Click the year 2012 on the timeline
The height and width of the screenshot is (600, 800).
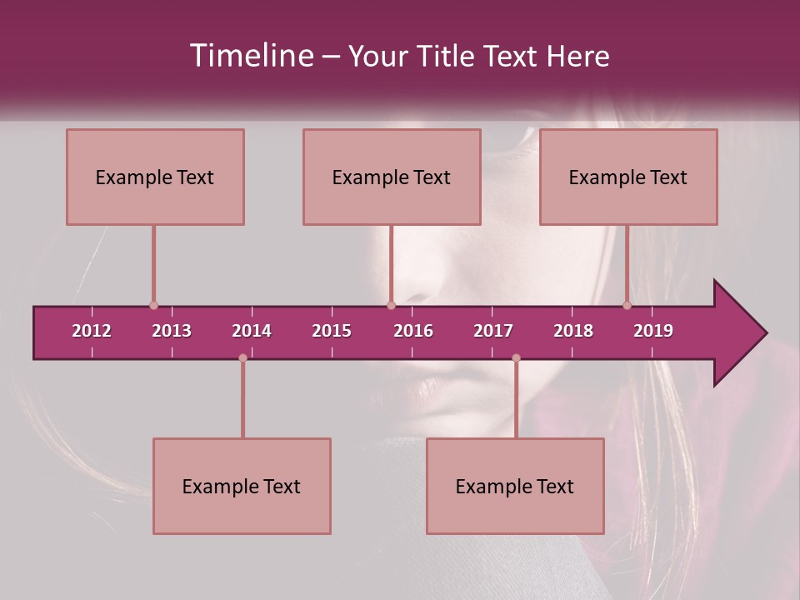pos(92,331)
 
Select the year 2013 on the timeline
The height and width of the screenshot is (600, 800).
pos(172,331)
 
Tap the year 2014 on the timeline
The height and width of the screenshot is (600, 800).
pos(252,331)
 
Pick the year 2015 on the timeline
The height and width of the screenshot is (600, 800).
pos(332,331)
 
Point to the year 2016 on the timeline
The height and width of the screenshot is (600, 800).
pos(413,331)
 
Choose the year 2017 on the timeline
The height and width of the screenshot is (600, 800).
pos(493,331)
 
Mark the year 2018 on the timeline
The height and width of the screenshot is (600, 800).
pos(573,331)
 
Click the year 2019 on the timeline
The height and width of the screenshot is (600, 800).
pos(653,331)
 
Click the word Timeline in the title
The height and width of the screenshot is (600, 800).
pos(250,56)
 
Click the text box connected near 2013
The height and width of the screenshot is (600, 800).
pos(155,177)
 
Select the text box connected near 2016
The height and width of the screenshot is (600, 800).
pos(392,177)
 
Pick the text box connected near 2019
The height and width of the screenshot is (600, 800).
pos(628,177)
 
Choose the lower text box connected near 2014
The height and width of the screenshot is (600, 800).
pos(242,486)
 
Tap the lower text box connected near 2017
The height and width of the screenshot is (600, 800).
pos(515,486)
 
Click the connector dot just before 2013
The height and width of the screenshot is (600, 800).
pos(153,306)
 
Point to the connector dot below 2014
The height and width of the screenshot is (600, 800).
pos(242,358)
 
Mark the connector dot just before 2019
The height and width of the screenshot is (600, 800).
pos(627,306)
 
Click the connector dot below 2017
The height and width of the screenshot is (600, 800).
pos(516,358)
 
